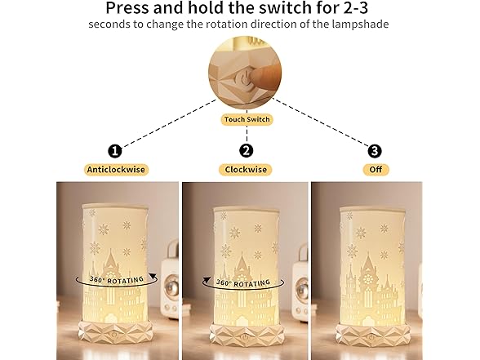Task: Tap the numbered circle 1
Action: point(115,150)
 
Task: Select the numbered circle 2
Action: point(246,150)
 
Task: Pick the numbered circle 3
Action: point(375,150)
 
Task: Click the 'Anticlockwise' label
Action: point(115,170)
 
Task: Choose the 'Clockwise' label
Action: point(246,170)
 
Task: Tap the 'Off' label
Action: point(376,170)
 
